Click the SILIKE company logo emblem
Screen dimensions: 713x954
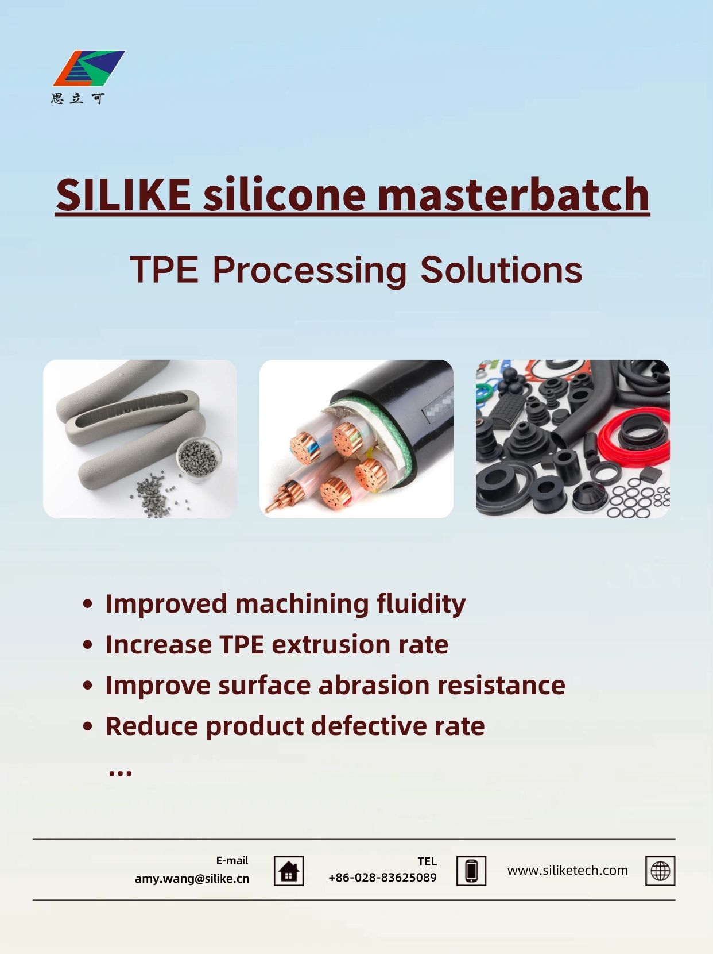click(x=89, y=68)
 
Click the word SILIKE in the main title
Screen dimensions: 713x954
click(x=123, y=195)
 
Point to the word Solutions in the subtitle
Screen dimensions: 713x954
click(x=501, y=270)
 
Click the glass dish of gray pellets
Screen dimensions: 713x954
click(x=199, y=459)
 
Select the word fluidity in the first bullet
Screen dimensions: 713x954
click(x=421, y=605)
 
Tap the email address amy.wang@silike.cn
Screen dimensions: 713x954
click(x=192, y=878)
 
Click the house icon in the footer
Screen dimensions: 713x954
click(x=289, y=871)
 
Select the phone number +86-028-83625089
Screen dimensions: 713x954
click(x=382, y=878)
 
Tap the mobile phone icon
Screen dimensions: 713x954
click(x=471, y=871)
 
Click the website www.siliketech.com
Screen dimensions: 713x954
click(x=568, y=870)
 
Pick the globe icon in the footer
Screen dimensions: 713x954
click(x=660, y=871)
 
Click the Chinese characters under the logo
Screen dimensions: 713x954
click(x=78, y=99)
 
